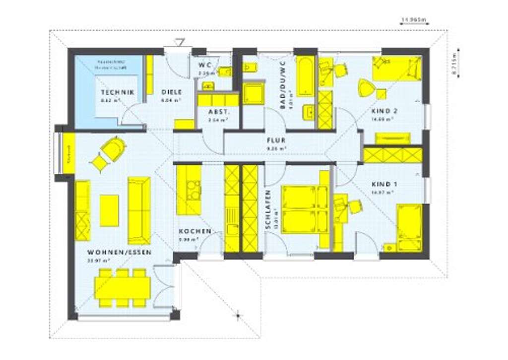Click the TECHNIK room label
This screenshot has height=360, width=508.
coord(117,92)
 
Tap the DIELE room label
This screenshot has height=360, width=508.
coord(171,92)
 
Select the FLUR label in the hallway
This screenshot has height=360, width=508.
coord(276,141)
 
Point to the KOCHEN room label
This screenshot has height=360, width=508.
coord(195,232)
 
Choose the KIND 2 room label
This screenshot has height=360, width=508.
coord(382,112)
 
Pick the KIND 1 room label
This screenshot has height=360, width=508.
coord(382,184)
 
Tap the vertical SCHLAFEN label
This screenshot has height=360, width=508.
coord(268,209)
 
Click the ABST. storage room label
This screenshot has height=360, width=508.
coord(217,112)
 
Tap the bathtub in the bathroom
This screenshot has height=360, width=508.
coord(304,75)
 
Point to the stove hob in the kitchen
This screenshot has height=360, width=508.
coord(193,189)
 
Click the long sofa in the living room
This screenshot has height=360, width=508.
coord(138,203)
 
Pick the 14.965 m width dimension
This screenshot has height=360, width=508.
coord(414,20)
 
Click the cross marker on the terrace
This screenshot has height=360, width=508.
coord(238,314)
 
